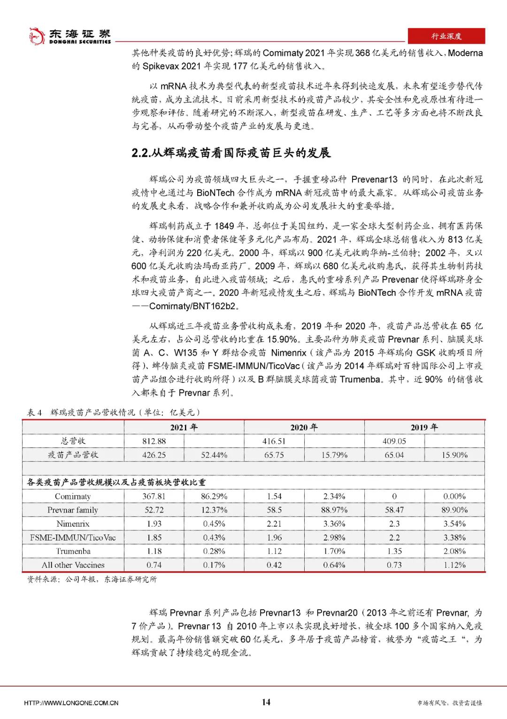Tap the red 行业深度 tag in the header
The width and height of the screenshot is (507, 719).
446,36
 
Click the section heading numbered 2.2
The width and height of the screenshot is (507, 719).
231,153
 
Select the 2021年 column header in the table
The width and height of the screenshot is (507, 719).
184,427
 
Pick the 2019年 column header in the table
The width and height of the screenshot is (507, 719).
424,427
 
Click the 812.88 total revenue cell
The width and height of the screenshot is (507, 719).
154,441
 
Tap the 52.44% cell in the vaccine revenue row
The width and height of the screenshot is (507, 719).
214,455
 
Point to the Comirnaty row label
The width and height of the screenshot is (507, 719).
73,496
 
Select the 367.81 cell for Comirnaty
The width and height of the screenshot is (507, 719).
154,496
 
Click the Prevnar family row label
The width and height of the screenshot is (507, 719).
73,510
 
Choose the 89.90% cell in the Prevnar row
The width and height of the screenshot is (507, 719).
454,510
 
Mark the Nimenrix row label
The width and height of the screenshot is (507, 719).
73,524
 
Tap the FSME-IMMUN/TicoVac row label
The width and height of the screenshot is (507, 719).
73,537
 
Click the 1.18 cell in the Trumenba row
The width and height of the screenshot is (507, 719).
154,551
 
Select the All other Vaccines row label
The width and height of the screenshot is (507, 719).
73,565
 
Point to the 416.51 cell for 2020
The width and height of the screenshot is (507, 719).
274,441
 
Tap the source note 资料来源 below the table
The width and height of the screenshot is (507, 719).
92,580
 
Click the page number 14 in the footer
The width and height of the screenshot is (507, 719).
266,702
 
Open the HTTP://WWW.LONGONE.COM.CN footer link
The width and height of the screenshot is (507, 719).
71,703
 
